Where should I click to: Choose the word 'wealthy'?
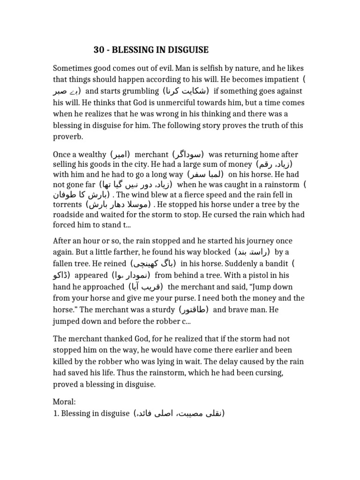92,154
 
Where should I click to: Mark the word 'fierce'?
187,193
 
